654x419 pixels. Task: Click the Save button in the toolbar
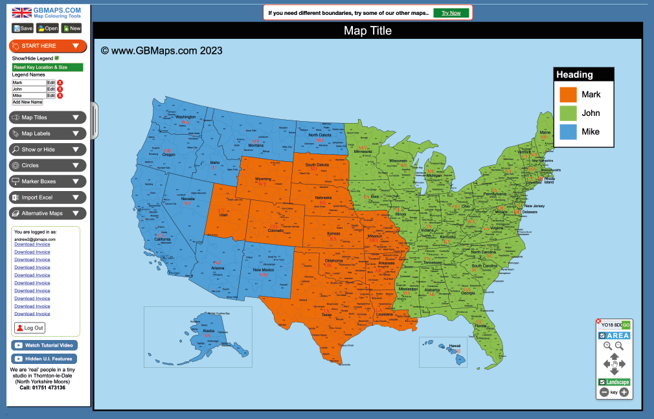[23, 28]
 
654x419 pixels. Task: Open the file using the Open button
[48, 28]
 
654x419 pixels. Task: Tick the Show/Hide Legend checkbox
[57, 58]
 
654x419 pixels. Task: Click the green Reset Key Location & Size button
[48, 67]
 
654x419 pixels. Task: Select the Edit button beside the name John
[51, 89]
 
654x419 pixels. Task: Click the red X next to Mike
[60, 96]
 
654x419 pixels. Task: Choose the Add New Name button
[28, 102]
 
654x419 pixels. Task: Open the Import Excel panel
[48, 198]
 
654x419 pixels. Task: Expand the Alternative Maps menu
[48, 213]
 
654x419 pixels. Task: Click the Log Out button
[30, 328]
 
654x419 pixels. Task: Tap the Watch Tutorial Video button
[44, 345]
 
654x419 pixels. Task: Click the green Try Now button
[451, 13]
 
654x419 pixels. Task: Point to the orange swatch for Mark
[568, 95]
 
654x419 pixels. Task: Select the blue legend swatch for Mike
[568, 131]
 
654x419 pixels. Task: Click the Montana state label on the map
[256, 146]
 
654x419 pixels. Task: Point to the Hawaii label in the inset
[455, 346]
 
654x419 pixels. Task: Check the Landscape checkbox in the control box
[603, 382]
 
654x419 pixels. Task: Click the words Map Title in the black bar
[367, 31]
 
